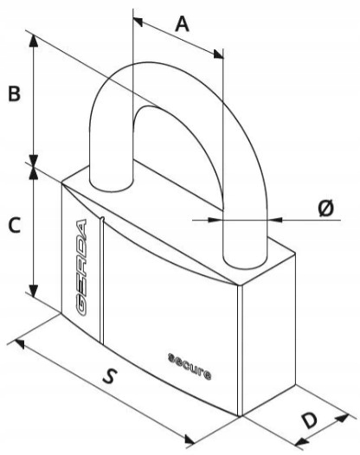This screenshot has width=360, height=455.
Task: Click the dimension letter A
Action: coord(183,24)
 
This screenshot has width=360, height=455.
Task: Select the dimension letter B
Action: coord(14,93)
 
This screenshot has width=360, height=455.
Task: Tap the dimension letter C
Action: coord(14,225)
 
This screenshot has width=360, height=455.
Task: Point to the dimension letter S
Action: coord(110,375)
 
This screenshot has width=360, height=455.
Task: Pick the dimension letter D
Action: coord(310,420)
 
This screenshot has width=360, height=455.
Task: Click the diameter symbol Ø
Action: coord(325,208)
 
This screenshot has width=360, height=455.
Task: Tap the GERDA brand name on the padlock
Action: coord(81,267)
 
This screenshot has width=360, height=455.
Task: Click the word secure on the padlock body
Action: coord(190,366)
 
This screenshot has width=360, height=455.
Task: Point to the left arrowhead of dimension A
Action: coord(138,22)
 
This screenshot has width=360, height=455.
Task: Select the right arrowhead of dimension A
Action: coord(219,54)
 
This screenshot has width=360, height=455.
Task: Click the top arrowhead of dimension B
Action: coord(34,41)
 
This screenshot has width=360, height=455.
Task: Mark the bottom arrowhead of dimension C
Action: coord(34,291)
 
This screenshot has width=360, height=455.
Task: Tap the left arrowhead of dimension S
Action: coord(20,343)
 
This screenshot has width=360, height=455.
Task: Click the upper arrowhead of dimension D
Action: coord(343,418)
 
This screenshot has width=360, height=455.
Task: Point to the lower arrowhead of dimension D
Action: coord(301,442)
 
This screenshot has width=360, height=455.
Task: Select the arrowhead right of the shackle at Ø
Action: coord(274,220)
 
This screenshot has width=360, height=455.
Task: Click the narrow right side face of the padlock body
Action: coord(269,334)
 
